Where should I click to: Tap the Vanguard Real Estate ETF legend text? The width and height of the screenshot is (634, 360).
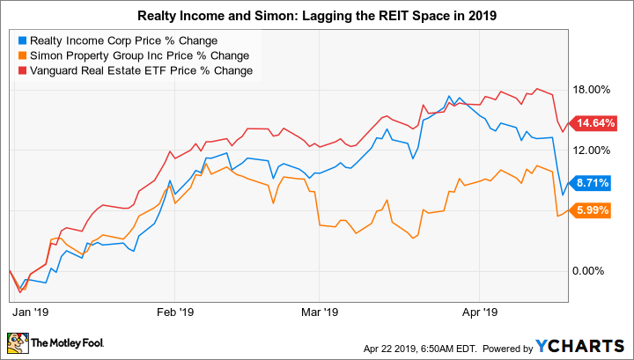point(139,70)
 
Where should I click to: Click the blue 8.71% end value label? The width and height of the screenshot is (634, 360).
point(591,183)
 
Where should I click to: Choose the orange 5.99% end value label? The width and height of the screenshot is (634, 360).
point(591,210)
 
